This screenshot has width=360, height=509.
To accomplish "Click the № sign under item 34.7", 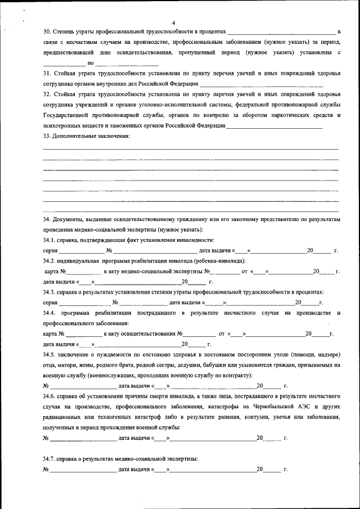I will [x=46, y=469].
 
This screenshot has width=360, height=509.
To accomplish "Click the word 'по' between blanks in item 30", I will [x=90, y=63].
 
